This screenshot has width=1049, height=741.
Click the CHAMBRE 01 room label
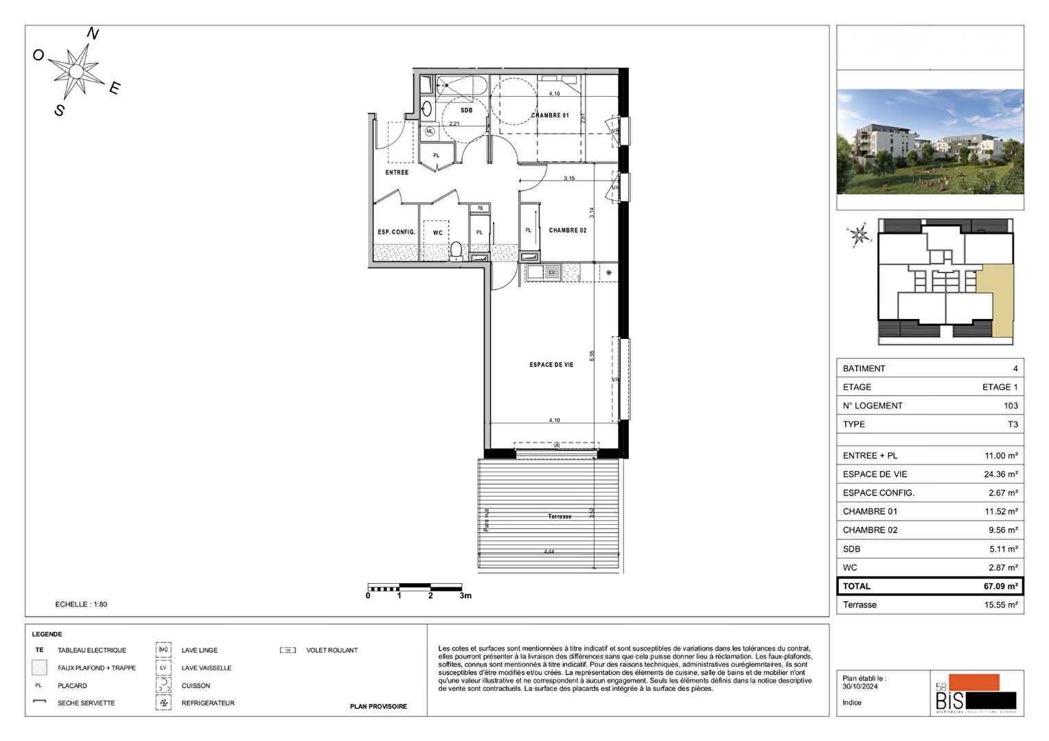550,115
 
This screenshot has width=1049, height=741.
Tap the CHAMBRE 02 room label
568,231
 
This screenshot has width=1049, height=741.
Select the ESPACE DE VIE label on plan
551,365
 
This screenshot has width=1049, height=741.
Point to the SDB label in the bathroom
466,110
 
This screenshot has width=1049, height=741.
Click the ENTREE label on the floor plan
397,172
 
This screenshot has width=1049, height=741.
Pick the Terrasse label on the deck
560,517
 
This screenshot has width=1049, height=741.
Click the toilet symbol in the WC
456,250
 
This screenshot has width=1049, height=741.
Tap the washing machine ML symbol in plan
430,131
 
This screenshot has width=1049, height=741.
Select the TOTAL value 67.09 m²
1000,587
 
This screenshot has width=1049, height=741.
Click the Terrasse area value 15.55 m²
1000,605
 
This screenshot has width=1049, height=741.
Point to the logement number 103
1010,406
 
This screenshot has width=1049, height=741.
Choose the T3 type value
1013,425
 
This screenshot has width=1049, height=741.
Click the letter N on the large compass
93,34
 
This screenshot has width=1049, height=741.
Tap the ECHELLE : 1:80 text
81,604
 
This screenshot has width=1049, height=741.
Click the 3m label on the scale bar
465,596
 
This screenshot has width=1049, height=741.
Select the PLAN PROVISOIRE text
378,707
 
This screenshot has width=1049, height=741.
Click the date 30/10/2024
860,686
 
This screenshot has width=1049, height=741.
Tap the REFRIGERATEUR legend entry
208,703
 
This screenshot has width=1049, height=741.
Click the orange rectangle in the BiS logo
973,682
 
